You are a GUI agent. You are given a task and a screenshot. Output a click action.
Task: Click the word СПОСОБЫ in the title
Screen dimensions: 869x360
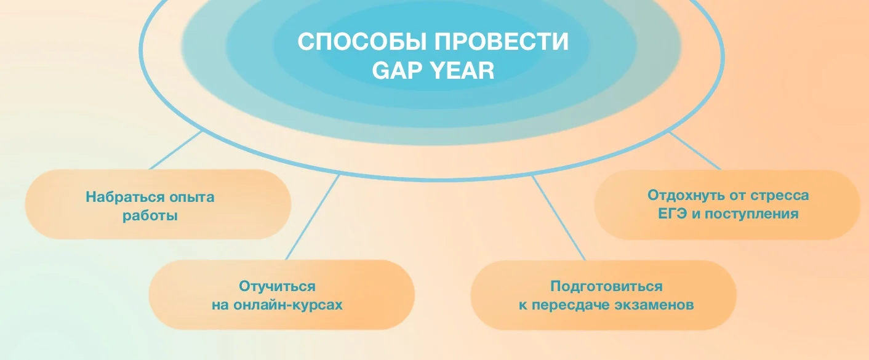(x=362, y=42)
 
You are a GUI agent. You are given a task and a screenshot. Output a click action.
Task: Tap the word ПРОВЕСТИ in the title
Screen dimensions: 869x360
(x=501, y=42)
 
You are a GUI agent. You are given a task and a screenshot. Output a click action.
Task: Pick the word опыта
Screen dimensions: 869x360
(x=186, y=198)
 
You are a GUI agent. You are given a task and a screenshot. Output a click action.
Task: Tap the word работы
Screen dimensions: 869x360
(x=150, y=216)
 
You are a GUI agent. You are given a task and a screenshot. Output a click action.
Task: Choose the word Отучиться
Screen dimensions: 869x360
(x=277, y=287)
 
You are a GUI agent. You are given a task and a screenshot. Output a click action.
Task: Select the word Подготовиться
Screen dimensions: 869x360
(x=606, y=287)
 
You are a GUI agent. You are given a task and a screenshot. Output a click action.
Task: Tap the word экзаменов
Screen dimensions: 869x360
(x=654, y=305)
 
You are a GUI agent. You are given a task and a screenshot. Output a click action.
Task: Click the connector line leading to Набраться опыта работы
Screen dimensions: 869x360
(x=175, y=150)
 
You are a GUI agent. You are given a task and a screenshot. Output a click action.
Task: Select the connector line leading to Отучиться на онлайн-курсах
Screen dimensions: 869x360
(x=313, y=217)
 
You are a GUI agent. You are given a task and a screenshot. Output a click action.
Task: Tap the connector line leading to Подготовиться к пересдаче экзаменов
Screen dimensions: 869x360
(x=559, y=218)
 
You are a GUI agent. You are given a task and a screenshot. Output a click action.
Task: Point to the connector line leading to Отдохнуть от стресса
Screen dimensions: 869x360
(x=695, y=151)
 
